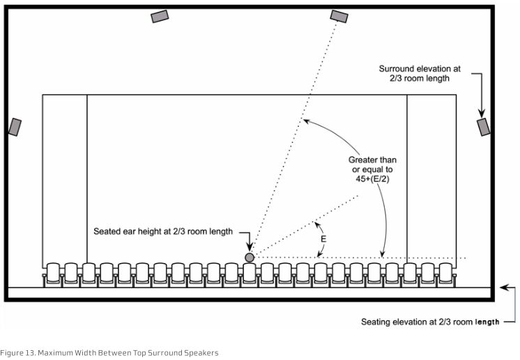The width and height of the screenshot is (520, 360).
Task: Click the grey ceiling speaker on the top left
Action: (160, 16)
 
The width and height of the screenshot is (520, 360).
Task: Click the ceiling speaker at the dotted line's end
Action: (339, 16)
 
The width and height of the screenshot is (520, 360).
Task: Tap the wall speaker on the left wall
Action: (15, 127)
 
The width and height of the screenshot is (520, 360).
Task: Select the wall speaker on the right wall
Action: (483, 127)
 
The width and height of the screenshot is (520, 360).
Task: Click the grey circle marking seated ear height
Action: (250, 258)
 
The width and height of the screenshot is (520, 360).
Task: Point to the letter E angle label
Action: (323, 238)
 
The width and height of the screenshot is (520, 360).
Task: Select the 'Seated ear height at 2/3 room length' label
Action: (163, 231)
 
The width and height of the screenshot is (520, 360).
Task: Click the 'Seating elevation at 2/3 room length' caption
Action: (431, 322)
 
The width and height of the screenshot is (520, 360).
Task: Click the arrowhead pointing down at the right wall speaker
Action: (480, 112)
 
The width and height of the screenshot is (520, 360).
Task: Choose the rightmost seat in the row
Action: (445, 273)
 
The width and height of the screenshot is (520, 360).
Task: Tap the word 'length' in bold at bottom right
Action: (487, 322)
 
